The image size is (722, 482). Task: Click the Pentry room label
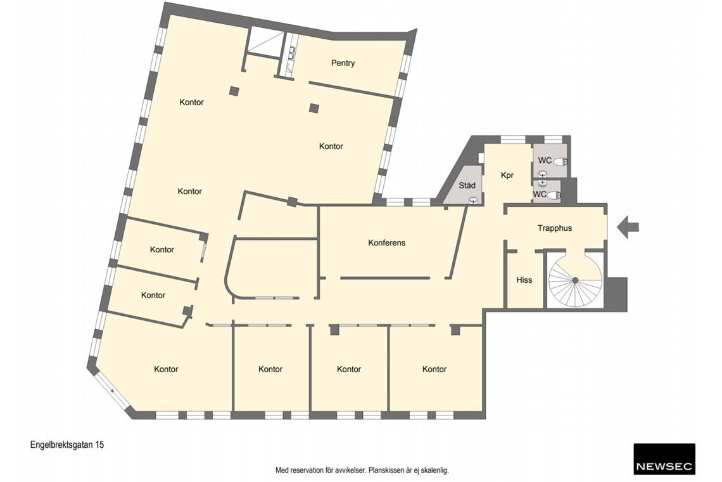[x=343, y=63]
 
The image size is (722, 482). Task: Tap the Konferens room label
[x=387, y=243]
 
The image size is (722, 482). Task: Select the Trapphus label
[x=555, y=228]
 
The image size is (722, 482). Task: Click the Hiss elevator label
[x=524, y=280]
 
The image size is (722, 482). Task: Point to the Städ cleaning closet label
[x=467, y=185]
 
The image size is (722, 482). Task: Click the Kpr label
[x=507, y=175]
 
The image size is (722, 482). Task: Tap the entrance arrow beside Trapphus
[x=628, y=227]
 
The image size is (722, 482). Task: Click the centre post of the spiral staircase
[x=574, y=280]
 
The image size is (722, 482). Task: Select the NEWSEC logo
[x=664, y=459]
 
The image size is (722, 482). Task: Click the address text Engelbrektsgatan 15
[x=67, y=445]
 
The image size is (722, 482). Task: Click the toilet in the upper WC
[x=560, y=162]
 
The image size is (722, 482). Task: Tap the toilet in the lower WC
[x=554, y=195]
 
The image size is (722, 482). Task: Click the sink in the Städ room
[x=473, y=200]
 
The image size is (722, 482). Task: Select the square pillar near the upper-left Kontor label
[x=234, y=91]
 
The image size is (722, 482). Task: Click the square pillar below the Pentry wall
[x=314, y=108]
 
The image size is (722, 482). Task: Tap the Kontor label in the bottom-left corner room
[x=166, y=369]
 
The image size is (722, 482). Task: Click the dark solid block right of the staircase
[x=616, y=294]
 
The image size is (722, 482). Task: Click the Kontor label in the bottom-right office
[x=434, y=369]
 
